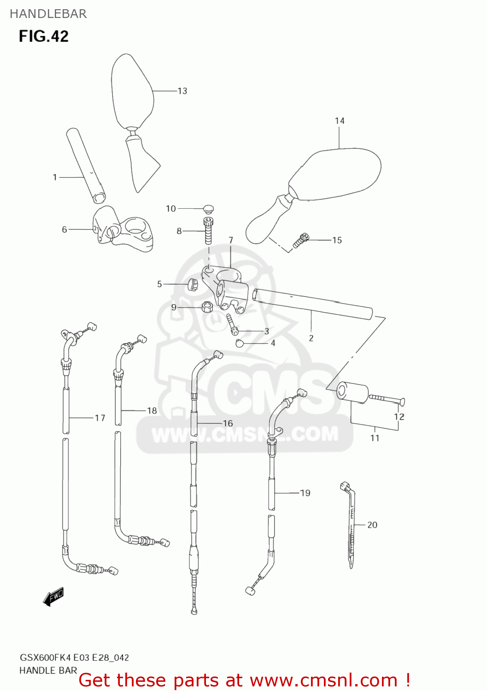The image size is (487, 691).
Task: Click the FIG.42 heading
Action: (44, 36)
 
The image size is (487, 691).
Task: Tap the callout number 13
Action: (182, 91)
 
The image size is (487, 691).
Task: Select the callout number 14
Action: (340, 121)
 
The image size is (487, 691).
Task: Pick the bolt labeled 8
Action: (208, 231)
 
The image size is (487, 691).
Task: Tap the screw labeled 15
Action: (301, 240)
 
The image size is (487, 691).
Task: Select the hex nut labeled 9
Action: (207, 307)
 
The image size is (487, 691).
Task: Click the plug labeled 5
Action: (192, 285)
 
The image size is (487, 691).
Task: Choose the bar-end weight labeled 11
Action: (353, 392)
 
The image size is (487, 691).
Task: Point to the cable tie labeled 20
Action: (350, 525)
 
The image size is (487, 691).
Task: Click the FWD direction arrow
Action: (53, 597)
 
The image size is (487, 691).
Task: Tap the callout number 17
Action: (100, 418)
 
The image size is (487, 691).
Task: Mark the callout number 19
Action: (305, 493)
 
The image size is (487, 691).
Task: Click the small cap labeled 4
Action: (239, 343)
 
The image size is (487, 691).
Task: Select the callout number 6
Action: (65, 229)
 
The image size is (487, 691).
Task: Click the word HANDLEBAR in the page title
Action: (48, 14)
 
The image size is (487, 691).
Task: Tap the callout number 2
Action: (311, 339)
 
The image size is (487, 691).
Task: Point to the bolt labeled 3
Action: (231, 324)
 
